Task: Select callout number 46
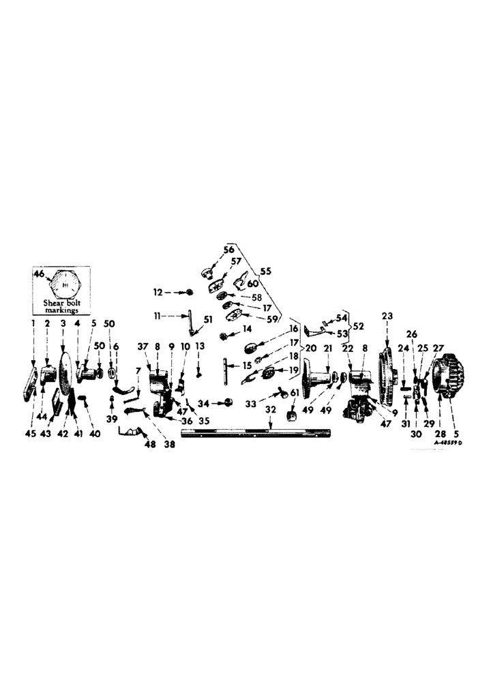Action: point(40,273)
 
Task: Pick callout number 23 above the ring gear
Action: point(387,316)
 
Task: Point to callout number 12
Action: point(157,292)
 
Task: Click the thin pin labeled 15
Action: point(225,371)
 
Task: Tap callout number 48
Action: point(149,444)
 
